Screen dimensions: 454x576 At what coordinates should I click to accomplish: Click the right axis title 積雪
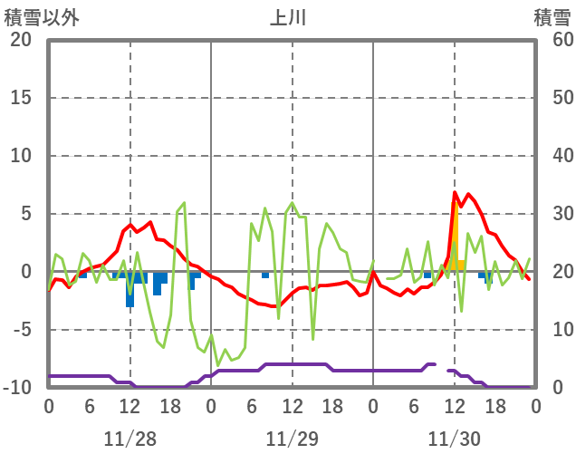tap(551, 16)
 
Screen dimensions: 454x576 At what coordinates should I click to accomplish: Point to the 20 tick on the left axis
tap(21, 40)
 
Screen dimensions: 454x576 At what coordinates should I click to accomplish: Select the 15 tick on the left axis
tap(21, 98)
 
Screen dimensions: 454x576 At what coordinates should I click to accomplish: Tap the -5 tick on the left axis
tap(21, 330)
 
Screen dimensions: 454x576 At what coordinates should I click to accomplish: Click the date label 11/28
tap(130, 439)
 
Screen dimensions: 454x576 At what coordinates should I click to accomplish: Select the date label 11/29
tap(292, 439)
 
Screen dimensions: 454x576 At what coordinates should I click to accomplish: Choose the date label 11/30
tap(454, 439)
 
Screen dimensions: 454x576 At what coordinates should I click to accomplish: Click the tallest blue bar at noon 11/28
tap(130, 290)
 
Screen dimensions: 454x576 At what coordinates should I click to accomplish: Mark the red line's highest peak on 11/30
tap(456, 192)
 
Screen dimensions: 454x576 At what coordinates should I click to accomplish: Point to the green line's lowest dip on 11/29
tap(217, 364)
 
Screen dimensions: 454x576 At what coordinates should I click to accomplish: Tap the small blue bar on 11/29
tap(265, 275)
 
